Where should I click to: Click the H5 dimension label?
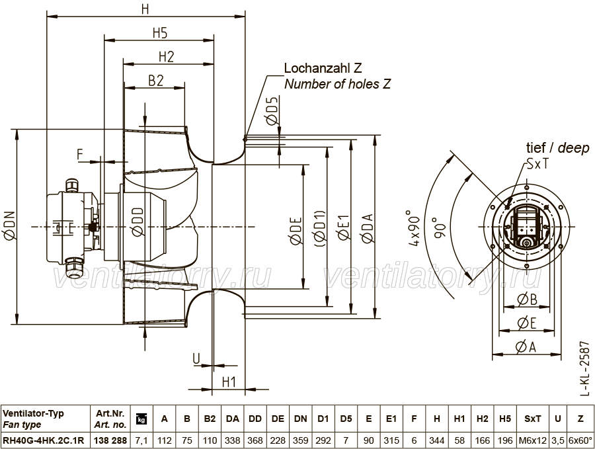click(x=160, y=33)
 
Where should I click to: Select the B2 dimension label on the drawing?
click(x=155, y=81)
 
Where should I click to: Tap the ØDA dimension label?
click(x=368, y=228)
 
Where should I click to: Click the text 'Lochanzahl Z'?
click(x=323, y=68)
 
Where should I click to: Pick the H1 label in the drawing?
click(x=229, y=382)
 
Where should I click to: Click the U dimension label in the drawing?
click(x=196, y=358)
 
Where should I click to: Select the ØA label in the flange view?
click(x=526, y=347)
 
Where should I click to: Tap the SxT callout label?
click(x=537, y=164)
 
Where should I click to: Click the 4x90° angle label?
click(x=415, y=227)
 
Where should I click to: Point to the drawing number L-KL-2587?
click(x=586, y=369)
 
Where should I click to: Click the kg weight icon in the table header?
click(x=141, y=419)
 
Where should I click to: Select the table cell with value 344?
click(x=437, y=440)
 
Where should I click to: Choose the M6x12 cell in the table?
click(x=532, y=440)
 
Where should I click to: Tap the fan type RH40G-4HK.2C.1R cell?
click(x=43, y=440)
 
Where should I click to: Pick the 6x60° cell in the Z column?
click(x=580, y=440)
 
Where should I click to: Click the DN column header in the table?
click(x=300, y=419)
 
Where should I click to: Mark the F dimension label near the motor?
click(x=80, y=155)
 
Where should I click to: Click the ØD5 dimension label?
click(x=272, y=110)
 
